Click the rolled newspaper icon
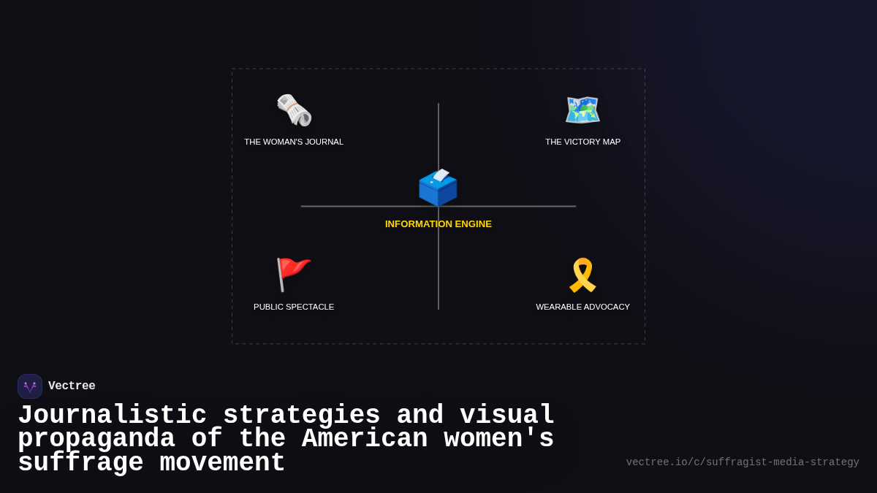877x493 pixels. click(x=294, y=110)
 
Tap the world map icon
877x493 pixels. click(x=582, y=110)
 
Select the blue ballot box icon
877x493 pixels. click(x=438, y=188)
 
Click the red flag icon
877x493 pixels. click(x=293, y=275)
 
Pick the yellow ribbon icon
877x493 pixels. click(x=582, y=275)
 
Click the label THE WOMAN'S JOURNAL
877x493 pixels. click(x=294, y=142)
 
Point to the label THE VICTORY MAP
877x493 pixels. click(x=582, y=142)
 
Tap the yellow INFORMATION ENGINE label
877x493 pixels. click(x=438, y=224)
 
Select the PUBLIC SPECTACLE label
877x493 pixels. click(x=294, y=307)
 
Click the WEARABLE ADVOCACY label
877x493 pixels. click(x=582, y=307)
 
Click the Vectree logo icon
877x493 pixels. click(x=30, y=386)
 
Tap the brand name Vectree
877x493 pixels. click(x=72, y=386)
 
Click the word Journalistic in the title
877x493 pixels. click(x=112, y=416)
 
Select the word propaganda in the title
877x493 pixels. click(x=96, y=439)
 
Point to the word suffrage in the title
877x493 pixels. click(x=80, y=463)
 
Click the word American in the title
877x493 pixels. click(x=364, y=439)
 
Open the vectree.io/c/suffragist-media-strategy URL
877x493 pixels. click(x=743, y=462)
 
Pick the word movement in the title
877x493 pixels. click(x=222, y=463)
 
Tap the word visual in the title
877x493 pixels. click(x=507, y=416)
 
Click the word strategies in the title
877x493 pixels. click(x=301, y=416)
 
